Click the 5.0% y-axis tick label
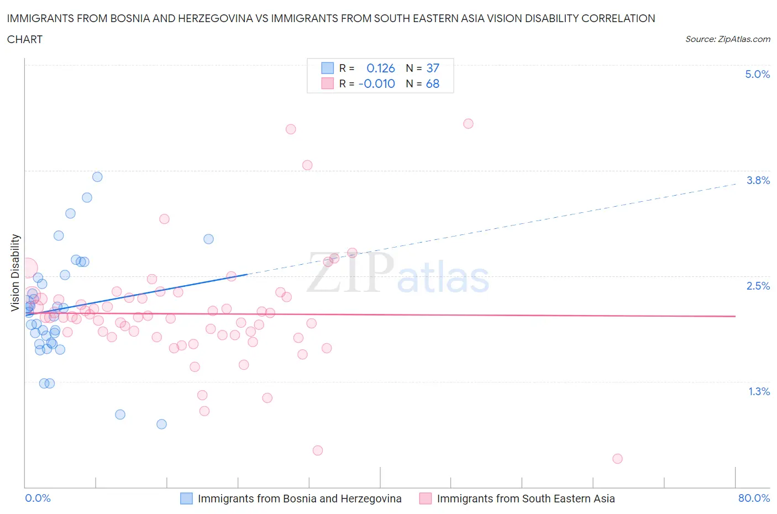(757, 74)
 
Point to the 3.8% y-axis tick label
(758, 180)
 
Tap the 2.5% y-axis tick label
(758, 286)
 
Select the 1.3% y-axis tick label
(759, 391)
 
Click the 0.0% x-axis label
(38, 498)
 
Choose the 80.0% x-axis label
(754, 498)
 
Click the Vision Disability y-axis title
(15, 272)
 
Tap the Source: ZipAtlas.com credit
(727, 39)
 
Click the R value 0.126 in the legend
(381, 68)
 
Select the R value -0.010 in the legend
(377, 83)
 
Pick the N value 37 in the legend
(433, 68)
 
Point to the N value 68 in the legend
(433, 83)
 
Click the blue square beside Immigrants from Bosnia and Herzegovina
(187, 499)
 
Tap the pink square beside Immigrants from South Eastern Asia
(425, 499)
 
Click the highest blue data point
(97, 177)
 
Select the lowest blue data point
(161, 424)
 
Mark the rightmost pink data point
(617, 459)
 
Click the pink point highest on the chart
(468, 123)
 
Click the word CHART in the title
(25, 39)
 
